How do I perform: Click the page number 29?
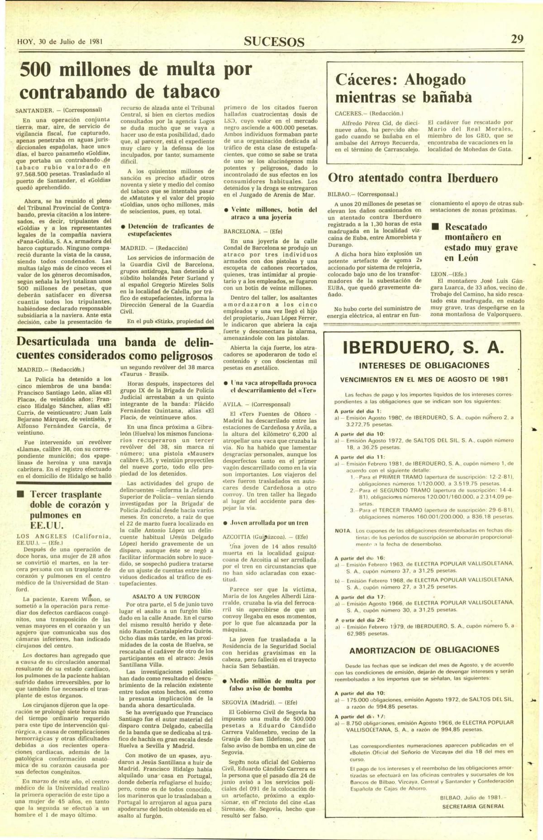click(x=517, y=39)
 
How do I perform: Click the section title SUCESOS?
click(x=274, y=42)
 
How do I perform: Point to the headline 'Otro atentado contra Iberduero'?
click(x=413, y=178)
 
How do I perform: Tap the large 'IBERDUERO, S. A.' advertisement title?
click(x=423, y=348)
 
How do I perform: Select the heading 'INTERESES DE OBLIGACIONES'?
click(x=424, y=365)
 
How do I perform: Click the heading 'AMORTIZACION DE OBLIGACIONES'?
click(x=424, y=650)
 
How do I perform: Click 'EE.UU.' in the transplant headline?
click(x=43, y=526)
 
